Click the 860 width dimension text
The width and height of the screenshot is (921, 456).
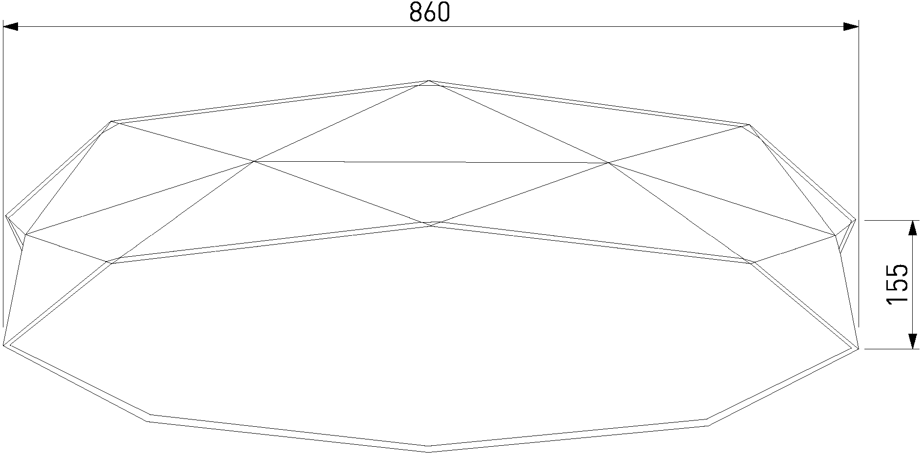[x=429, y=13]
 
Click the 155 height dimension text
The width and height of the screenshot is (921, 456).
[x=897, y=285]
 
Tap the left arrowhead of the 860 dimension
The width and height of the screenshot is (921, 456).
[x=11, y=27]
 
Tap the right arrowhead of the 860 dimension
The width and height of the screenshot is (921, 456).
[x=851, y=27]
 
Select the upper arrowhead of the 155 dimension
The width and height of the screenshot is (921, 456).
[x=912, y=228]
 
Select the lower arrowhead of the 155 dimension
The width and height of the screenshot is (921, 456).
[x=912, y=342]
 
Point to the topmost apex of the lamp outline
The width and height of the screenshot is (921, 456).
[x=429, y=80]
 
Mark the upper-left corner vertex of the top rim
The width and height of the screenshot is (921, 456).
[x=112, y=121]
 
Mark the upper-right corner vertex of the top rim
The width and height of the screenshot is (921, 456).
[x=749, y=125]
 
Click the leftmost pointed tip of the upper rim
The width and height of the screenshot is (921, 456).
[x=6, y=215]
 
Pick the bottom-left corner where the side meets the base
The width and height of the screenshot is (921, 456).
[x=4, y=345]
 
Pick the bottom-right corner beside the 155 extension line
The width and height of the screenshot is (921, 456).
[x=859, y=349]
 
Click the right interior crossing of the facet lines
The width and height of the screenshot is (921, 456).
[x=608, y=163]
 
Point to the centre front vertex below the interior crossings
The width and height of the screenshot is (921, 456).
[x=431, y=225]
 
